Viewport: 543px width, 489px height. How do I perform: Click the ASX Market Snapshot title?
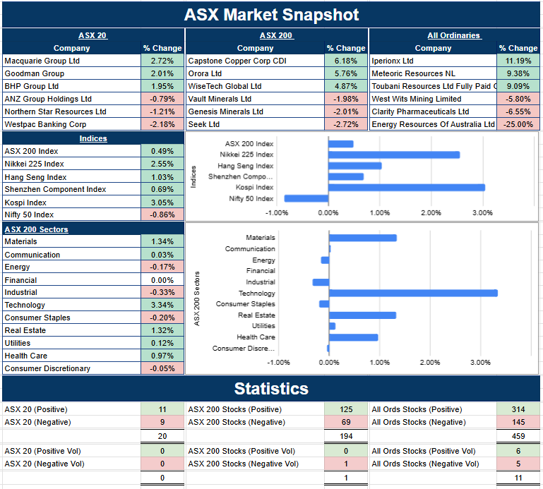click(x=271, y=14)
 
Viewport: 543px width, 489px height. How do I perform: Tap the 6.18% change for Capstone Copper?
click(x=346, y=61)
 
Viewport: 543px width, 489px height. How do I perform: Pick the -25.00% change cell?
click(x=518, y=125)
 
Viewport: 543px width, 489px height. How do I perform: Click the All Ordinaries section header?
click(x=453, y=35)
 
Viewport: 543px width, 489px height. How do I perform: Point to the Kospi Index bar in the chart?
click(x=406, y=188)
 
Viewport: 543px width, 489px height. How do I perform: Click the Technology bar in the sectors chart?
click(x=413, y=293)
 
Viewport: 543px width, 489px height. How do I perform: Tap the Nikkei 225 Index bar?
click(x=394, y=155)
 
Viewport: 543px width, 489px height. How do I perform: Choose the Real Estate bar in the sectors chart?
click(x=362, y=315)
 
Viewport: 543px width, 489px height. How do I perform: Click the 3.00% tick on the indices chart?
click(x=482, y=212)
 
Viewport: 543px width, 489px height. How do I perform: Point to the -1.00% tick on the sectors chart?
click(x=279, y=363)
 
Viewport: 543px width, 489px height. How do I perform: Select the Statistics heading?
click(x=271, y=389)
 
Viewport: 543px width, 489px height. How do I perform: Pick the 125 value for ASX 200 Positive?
click(x=346, y=409)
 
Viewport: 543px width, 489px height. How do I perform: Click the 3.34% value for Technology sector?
click(x=162, y=306)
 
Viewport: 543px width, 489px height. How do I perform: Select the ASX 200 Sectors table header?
click(x=35, y=229)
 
